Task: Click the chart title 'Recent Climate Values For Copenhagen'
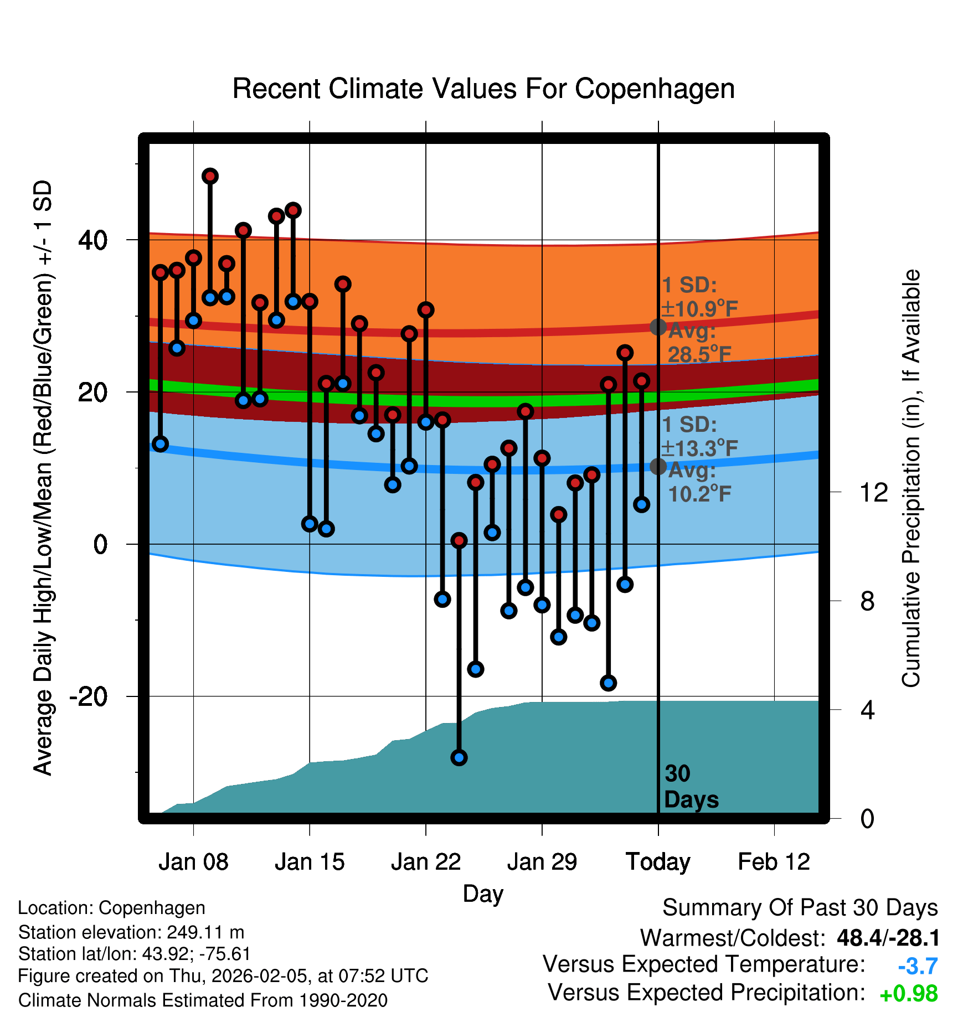pos(483,89)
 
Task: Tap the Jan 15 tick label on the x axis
pos(310,862)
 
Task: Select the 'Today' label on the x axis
pos(658,862)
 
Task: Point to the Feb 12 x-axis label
pos(774,862)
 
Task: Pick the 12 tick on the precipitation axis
pos(874,492)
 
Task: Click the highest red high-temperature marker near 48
pos(210,177)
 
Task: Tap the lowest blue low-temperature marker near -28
pos(459,757)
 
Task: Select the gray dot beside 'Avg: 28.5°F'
pos(658,327)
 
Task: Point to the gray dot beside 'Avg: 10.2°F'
pos(658,466)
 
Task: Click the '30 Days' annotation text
pos(691,787)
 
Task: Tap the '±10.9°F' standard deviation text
pos(699,308)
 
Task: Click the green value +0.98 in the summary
pos(909,994)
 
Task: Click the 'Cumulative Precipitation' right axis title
pos(911,478)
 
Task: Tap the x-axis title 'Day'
pos(483,894)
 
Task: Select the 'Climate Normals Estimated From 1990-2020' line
pos(203,1000)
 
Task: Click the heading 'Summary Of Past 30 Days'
pos(800,908)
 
